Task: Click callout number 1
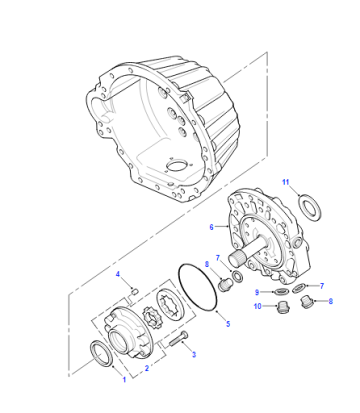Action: coord(124,379)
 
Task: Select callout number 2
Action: coord(146,368)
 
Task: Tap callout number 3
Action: coord(194,355)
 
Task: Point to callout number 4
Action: coord(117,274)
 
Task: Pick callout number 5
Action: coord(228,324)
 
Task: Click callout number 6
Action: coord(211,227)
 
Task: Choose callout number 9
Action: coord(257,292)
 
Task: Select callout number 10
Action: coord(258,306)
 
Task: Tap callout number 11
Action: coord(286,182)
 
